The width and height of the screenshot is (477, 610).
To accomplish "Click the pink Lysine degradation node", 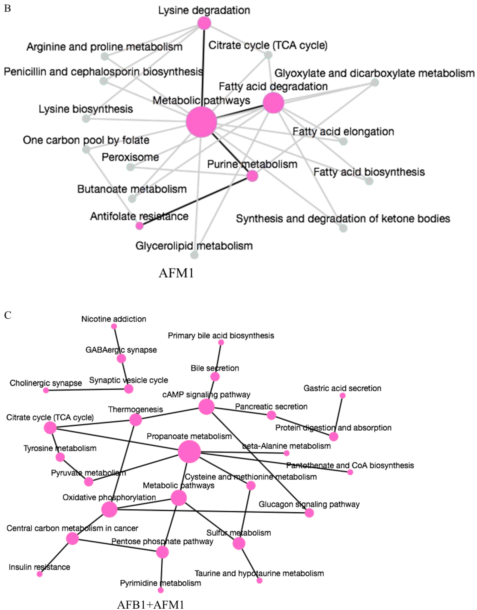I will coord(204,23).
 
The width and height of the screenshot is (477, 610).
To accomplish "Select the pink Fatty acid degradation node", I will coord(273,103).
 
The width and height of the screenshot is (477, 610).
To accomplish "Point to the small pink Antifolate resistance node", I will coord(139,226).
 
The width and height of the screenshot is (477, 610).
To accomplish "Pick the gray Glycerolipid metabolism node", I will coord(194,255).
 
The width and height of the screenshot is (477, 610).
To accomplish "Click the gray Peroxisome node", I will coord(130,167).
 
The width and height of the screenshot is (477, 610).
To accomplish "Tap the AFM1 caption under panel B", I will coord(176,273).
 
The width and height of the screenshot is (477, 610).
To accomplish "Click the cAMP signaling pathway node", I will coord(206,407).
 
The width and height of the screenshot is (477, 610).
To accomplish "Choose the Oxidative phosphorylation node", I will coord(109,509).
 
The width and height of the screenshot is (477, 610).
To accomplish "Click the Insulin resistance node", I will coord(40,574).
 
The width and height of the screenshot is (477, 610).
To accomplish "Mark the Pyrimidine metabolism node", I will coord(161,590).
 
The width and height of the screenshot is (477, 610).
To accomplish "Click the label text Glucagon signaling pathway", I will coord(309,504).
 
